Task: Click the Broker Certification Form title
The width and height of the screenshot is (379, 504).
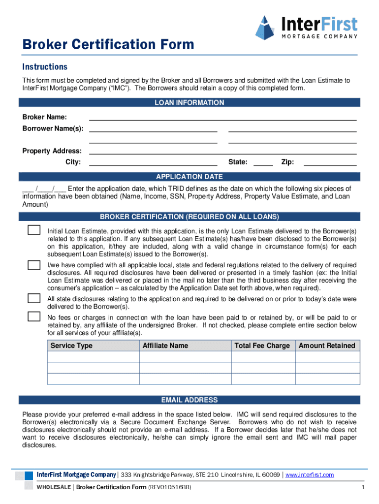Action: tap(108, 45)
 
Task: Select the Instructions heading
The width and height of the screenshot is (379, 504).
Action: tap(45, 66)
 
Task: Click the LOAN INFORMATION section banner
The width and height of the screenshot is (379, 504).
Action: tap(189, 103)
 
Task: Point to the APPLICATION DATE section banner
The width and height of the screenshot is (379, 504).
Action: tap(189, 177)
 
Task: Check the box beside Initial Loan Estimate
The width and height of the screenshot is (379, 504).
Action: tap(34, 230)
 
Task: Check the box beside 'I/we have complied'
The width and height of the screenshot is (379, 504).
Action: tap(34, 265)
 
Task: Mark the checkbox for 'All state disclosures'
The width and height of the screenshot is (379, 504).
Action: tap(34, 298)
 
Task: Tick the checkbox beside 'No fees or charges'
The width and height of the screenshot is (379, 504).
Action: tap(34, 316)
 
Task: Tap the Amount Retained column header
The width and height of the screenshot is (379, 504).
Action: tap(327, 346)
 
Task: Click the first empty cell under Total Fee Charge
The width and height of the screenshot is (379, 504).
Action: tap(263, 357)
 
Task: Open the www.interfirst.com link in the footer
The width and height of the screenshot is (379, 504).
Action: tap(310, 475)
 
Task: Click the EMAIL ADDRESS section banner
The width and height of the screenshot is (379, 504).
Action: tap(189, 400)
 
